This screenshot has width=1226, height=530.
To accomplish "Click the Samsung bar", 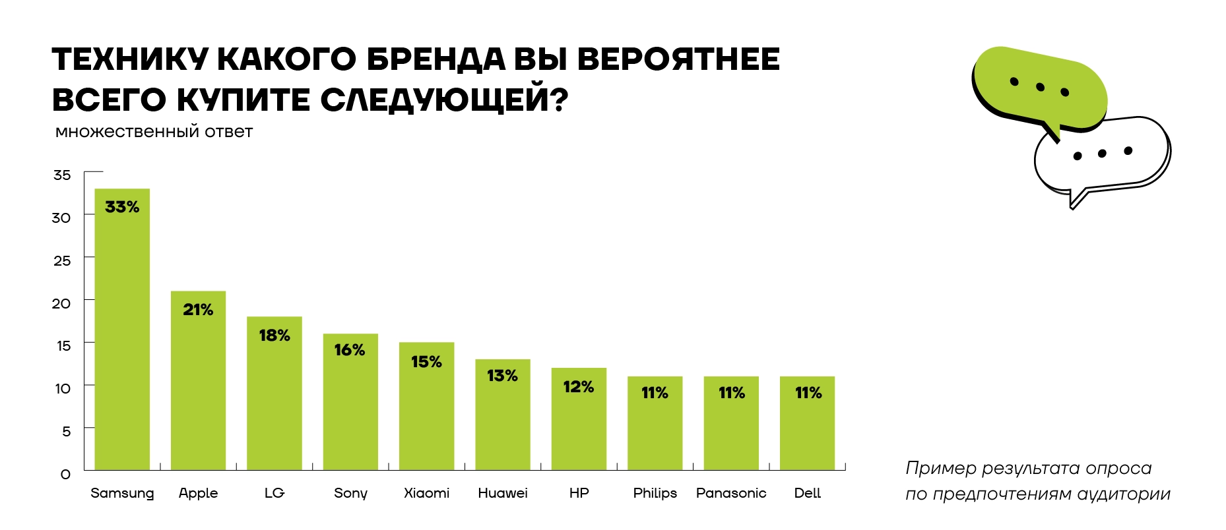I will (122, 330).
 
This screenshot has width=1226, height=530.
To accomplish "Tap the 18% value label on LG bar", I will (274, 336).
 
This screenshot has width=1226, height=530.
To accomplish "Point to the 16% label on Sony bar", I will (350, 350).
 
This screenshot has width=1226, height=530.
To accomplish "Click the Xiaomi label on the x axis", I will (426, 493).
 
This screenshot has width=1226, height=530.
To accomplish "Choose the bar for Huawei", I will (503, 415).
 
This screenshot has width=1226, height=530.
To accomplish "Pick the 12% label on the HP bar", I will (579, 387).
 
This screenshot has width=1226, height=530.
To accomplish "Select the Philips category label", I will (655, 493).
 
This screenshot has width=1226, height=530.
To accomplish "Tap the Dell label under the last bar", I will (807, 493).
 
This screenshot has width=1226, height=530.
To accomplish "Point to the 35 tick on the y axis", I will (62, 175).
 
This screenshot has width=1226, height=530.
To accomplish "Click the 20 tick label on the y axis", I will (61, 303).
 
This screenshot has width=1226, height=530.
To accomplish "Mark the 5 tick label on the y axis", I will (66, 431).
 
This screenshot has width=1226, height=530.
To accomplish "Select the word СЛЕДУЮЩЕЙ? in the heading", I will (444, 100).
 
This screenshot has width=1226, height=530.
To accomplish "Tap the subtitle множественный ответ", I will (154, 132).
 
